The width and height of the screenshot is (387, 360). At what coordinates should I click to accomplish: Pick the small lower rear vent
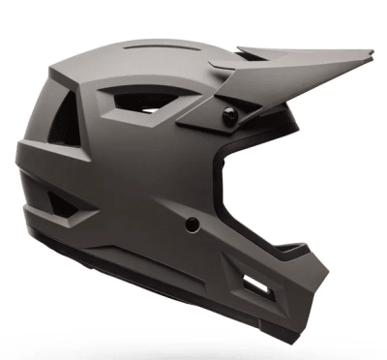click(59, 201)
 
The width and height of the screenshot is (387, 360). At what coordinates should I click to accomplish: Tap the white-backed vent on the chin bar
click(256, 283)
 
